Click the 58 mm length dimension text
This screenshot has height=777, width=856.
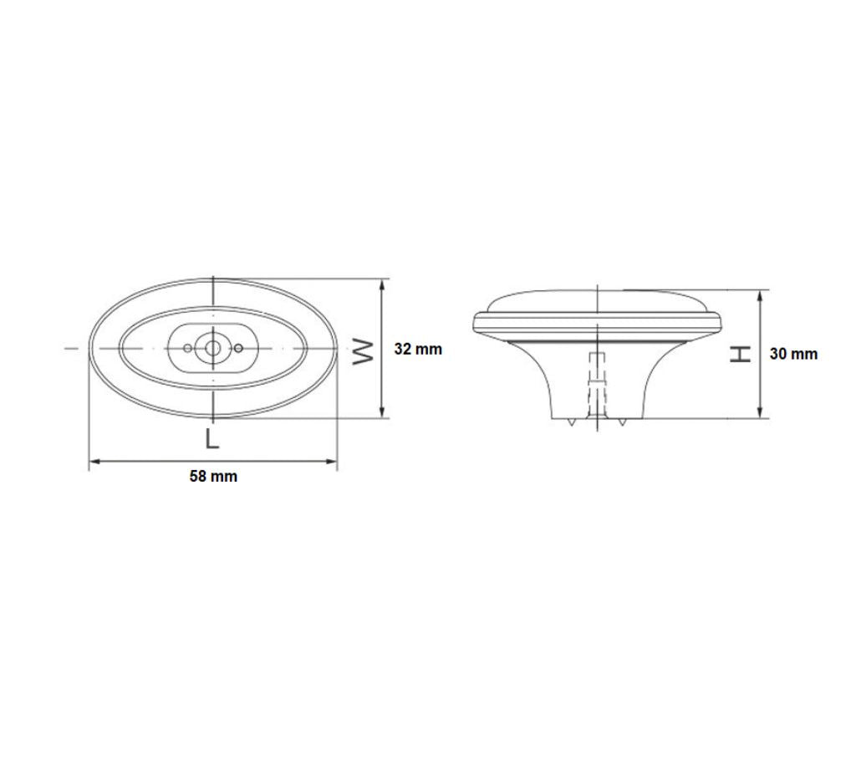(x=213, y=476)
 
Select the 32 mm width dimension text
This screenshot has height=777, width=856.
(x=418, y=349)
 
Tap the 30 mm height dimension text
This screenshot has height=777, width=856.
(x=794, y=354)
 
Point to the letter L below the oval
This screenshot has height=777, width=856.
(x=211, y=438)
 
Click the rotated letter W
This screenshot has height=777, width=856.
(x=363, y=351)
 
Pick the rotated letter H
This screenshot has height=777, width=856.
(x=741, y=354)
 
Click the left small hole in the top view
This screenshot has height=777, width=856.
(x=188, y=348)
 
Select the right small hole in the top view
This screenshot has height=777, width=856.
(x=238, y=348)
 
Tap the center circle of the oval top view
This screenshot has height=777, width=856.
(x=212, y=348)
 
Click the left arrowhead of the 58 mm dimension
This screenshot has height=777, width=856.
(x=94, y=462)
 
